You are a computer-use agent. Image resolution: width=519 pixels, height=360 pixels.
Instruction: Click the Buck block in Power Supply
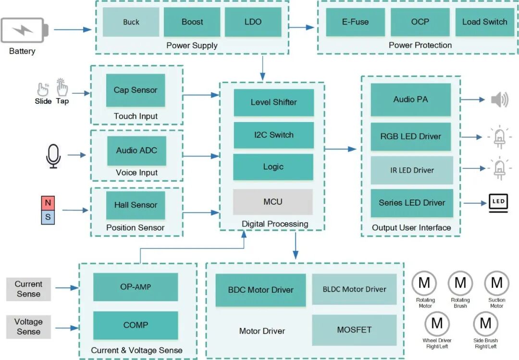pos(131,22)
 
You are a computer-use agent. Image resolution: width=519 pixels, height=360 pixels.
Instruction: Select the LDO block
pos(253,22)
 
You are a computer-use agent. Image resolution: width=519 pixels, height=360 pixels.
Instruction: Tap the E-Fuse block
pos(355,22)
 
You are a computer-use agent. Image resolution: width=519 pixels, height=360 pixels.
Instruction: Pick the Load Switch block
pos(484,22)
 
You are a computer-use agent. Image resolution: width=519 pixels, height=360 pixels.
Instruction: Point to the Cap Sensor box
pos(136,90)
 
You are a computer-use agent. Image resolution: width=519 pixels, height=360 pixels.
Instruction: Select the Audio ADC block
pos(136,150)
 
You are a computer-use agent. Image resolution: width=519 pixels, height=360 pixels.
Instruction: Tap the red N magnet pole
pos(48,203)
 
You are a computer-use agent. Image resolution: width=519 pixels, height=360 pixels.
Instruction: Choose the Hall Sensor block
pos(136,205)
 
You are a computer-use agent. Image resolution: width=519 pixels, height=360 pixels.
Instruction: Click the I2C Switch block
pos(273,135)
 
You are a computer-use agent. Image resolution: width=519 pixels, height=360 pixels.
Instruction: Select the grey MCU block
pos(272,202)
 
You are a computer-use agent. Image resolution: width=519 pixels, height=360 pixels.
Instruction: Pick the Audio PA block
pos(410,99)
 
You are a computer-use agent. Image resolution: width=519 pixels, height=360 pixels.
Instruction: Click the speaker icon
pos(499,100)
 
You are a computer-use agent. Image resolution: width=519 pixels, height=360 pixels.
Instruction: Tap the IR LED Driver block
pos(412,170)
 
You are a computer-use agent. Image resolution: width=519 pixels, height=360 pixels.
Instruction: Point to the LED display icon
pos(498,202)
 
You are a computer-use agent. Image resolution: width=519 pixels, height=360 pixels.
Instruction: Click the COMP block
pos(136,325)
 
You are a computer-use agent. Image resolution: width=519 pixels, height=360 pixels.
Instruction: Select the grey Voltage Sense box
pos(28,326)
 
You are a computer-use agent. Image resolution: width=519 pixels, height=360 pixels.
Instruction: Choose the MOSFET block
pos(354,330)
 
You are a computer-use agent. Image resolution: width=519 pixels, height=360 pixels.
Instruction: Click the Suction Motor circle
pos(496,283)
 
